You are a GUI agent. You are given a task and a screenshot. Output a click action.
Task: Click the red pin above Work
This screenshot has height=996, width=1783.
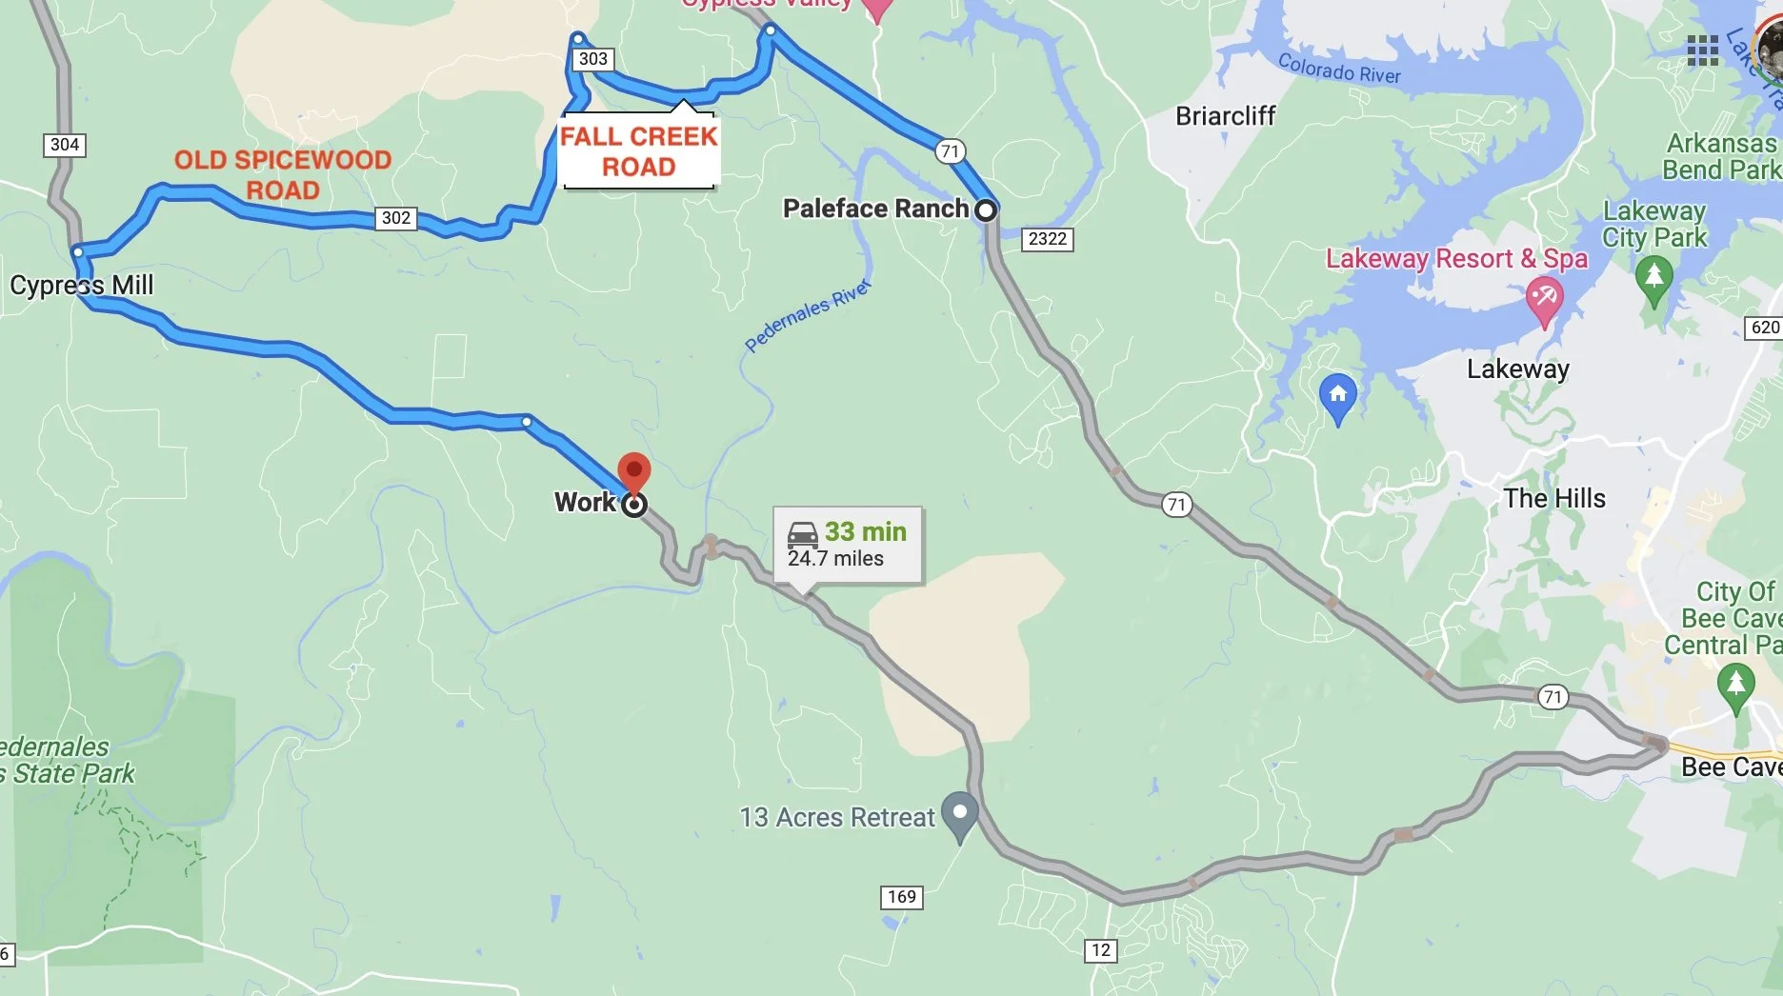pos(634,472)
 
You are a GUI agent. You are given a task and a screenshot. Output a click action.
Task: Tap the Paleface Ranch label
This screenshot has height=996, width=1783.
pos(875,209)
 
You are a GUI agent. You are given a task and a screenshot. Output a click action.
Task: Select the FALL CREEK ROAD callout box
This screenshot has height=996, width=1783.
pos(638,152)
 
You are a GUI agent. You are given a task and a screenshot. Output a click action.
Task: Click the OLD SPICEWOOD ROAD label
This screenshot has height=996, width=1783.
pos(283,174)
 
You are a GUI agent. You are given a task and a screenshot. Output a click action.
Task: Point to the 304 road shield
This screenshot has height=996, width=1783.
pos(65,145)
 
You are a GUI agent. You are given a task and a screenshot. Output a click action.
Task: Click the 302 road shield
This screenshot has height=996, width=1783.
pos(396,218)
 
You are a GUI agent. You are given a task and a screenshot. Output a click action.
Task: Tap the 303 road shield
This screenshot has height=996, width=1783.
pos(592,59)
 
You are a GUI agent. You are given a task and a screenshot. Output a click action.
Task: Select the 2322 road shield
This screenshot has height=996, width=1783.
pos(1048,239)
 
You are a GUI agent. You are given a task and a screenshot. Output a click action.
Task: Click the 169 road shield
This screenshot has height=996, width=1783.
pos(902,897)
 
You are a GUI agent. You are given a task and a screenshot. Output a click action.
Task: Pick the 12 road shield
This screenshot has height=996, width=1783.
pos(1101,950)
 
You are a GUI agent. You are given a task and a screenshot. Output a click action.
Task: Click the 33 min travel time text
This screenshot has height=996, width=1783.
pos(865,531)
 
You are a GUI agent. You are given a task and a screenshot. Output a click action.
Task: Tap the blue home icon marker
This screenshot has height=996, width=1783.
pos(1337,395)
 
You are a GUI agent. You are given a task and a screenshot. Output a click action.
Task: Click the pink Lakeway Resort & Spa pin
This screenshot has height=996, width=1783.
pos(1544,299)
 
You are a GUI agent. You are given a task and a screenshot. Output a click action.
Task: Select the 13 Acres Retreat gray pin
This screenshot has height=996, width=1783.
pos(960,814)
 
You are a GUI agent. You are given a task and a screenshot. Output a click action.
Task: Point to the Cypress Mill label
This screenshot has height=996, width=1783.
pos(82,285)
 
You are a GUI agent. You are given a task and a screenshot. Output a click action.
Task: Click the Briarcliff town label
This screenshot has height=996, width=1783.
pos(1225,116)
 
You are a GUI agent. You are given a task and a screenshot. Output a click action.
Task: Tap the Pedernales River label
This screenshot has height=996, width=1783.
pos(807,315)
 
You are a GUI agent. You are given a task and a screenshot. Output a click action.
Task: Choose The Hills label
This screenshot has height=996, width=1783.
pos(1554,498)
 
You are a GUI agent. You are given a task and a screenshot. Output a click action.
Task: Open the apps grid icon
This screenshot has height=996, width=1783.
pos(1703,50)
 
